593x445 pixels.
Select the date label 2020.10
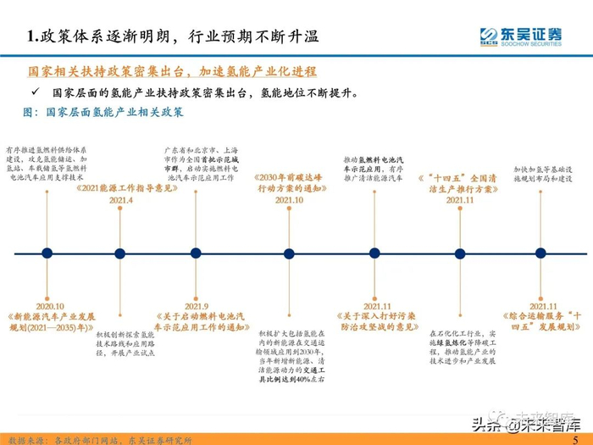47,306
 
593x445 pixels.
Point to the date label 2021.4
121,200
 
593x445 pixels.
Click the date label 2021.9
197,306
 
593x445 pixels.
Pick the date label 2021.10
287,200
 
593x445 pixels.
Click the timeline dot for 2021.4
118,253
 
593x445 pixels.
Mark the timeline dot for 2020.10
46,253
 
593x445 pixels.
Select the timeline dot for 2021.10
287,253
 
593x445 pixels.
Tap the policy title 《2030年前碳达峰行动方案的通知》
287,183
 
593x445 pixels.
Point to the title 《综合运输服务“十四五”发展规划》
543,320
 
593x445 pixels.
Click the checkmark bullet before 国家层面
35,90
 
